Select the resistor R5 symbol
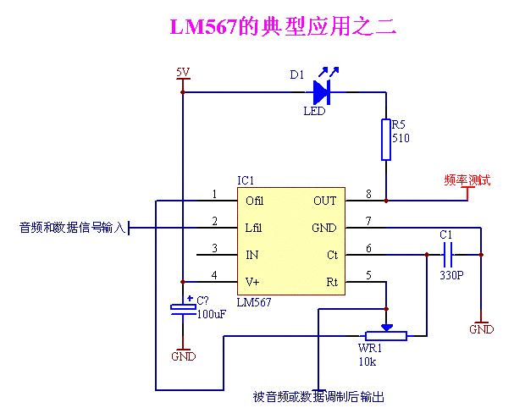pos(386,140)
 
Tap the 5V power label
pos(182,72)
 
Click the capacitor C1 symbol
pos(448,254)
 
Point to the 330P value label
pos(451,276)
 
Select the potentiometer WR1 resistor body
pos(386,336)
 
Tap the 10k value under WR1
pos(367,361)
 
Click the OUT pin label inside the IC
pos(324,201)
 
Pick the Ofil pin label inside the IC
pos(254,201)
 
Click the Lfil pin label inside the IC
pos(254,228)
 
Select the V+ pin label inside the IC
pos(252,281)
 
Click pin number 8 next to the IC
pos(368,194)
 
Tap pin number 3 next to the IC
pos(214,247)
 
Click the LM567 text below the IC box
pos(254,302)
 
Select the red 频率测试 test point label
pos(466,179)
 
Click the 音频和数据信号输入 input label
pos(72,227)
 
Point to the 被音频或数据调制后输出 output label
pos(318,396)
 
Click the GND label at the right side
pos(481,329)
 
